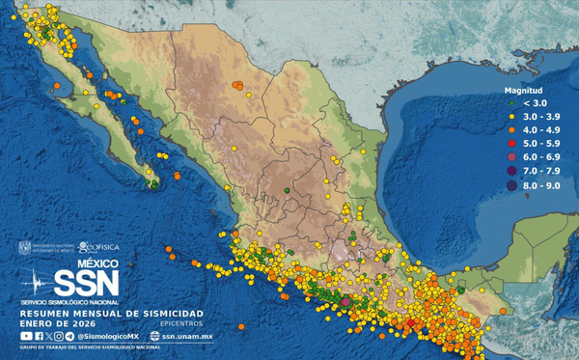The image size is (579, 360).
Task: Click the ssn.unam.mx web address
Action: point(187,335)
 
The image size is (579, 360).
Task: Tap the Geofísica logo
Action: point(100,246)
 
